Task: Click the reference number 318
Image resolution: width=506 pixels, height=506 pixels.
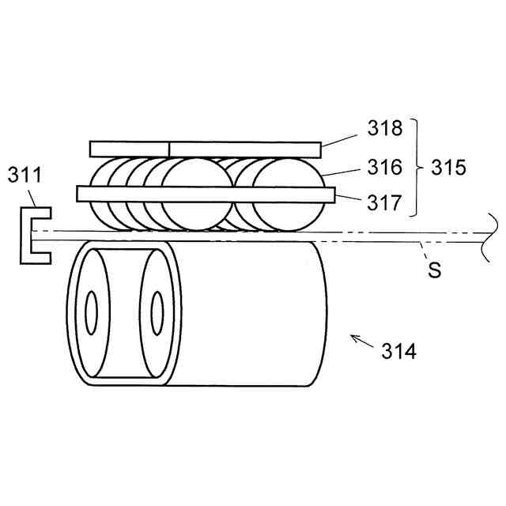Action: click(x=385, y=128)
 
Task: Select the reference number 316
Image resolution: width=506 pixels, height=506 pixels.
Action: click(x=385, y=167)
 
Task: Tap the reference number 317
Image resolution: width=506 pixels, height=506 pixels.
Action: click(x=384, y=202)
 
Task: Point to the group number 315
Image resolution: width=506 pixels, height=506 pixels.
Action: click(x=448, y=167)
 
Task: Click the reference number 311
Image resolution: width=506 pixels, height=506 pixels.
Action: click(x=25, y=175)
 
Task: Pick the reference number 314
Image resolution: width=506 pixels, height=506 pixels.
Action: click(x=398, y=351)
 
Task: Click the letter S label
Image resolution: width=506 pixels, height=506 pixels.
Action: click(x=434, y=270)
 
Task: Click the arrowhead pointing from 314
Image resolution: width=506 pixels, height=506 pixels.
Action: click(x=354, y=338)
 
